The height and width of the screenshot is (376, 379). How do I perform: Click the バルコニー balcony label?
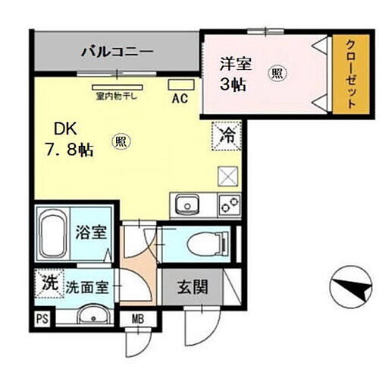click(x=117, y=53)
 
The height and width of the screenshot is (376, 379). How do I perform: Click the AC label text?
click(x=180, y=97)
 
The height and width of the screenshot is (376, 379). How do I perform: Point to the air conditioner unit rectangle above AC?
click(x=180, y=84)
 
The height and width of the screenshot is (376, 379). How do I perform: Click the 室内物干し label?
click(x=115, y=96)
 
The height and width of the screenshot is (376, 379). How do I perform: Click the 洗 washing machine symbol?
click(x=48, y=285)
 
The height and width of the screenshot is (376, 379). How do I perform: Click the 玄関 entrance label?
click(x=189, y=289)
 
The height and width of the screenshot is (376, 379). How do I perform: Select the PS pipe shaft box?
click(x=40, y=318)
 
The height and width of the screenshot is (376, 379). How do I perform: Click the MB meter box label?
click(x=139, y=318)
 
